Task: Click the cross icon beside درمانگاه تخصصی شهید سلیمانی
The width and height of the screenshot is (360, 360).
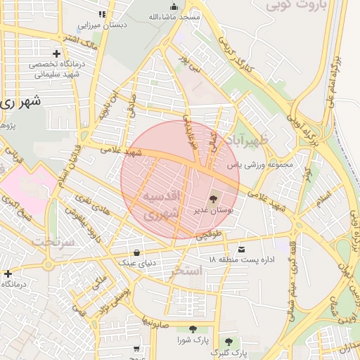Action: [56, 53]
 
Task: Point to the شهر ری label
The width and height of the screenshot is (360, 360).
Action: [20, 101]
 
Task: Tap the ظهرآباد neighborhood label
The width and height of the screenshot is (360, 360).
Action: [247, 141]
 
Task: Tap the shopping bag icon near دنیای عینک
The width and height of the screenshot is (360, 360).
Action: [136, 252]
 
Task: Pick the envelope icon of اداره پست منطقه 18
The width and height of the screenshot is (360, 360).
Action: [243, 250]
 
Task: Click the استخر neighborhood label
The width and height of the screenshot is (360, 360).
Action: [186, 270]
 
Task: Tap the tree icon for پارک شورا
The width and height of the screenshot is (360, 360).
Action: [192, 329]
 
